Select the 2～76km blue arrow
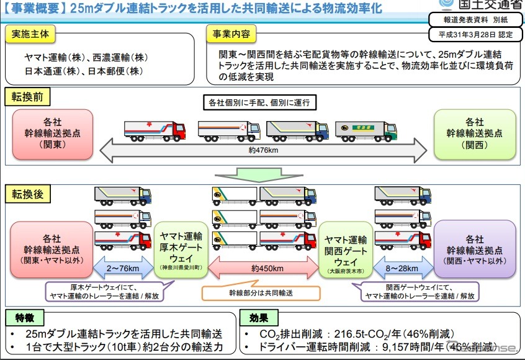(122, 269)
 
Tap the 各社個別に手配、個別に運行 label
(263, 102)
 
